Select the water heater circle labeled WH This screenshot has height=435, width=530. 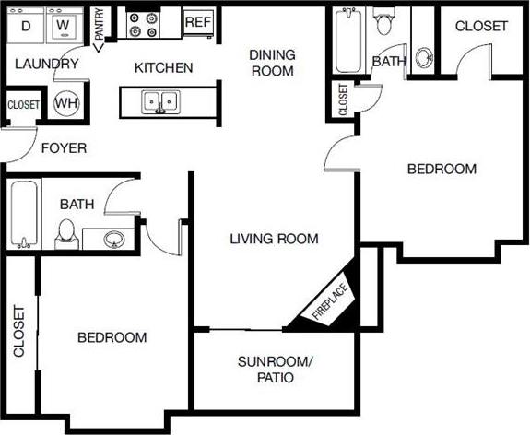[66, 102]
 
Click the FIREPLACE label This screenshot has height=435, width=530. [329, 306]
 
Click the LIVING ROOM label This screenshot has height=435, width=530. [274, 239]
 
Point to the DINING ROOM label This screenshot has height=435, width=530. [272, 62]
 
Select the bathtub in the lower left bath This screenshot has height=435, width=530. [24, 214]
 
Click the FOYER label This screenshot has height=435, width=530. [63, 147]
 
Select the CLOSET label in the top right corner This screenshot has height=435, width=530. [481, 26]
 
